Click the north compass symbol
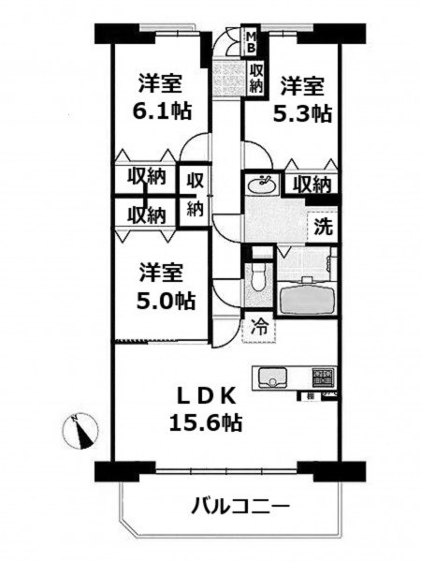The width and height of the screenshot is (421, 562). (x=80, y=431)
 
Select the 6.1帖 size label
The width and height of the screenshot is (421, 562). (x=162, y=111)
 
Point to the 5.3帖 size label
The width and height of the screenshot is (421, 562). (x=302, y=113)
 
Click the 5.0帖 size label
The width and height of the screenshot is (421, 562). (x=166, y=301)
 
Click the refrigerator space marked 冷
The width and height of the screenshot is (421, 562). (x=259, y=327)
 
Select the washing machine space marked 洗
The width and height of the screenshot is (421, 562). (x=324, y=227)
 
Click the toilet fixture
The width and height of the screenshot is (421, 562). (x=257, y=278)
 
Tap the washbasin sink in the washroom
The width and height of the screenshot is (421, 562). (x=263, y=185)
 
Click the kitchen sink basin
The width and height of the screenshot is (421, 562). (x=272, y=377)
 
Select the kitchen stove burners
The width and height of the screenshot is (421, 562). (x=324, y=377)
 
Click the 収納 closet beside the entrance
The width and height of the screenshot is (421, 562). (x=256, y=78)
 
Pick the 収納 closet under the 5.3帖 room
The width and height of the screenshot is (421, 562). (x=312, y=185)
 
